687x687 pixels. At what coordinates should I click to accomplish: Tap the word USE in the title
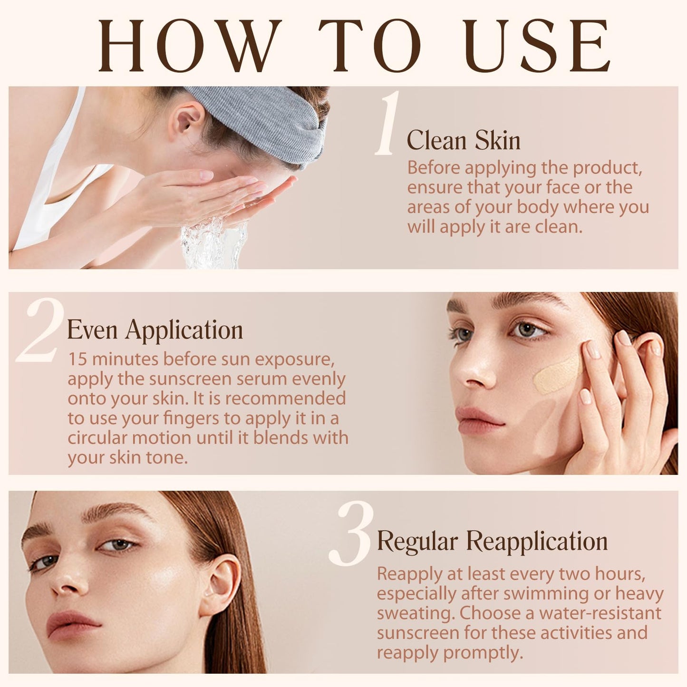538,46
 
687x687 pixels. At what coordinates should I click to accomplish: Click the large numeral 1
387,124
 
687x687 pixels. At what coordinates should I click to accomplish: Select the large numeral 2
40,330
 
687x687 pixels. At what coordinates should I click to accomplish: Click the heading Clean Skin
463,141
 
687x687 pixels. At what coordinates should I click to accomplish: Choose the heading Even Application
155,329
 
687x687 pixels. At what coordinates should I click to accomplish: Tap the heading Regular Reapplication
492,541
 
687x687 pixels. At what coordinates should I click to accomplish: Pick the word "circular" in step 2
97,438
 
